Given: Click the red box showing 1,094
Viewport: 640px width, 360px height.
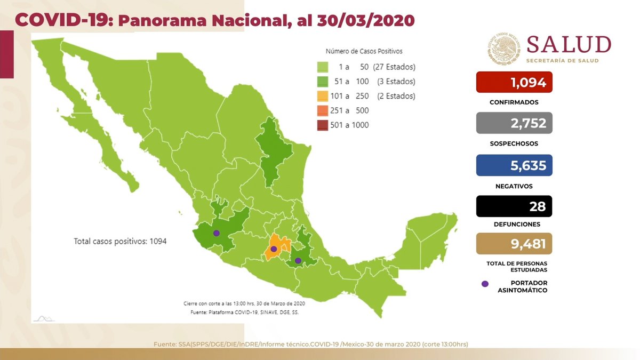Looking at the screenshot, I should [514, 82].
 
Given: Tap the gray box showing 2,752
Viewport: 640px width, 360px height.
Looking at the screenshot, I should [514, 123].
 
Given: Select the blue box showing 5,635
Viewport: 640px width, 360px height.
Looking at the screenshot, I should [514, 165].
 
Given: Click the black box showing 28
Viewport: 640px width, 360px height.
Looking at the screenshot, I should [514, 206].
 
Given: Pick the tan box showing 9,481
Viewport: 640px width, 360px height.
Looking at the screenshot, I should [514, 244].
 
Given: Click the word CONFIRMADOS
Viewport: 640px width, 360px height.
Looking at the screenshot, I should [514, 102].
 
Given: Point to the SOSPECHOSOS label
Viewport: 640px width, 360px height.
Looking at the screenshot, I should [514, 143].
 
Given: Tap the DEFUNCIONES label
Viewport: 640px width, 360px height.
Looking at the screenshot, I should [514, 225].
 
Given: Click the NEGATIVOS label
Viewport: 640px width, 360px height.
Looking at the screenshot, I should [514, 186].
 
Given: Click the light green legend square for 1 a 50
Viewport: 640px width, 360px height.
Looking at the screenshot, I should [322, 67].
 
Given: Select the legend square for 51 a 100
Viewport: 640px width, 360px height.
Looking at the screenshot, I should [322, 82].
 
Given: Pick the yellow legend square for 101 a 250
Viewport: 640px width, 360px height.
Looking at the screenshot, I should [322, 97].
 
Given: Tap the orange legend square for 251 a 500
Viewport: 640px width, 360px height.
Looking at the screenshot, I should [322, 111].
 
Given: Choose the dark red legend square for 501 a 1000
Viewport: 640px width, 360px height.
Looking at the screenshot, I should [322, 125].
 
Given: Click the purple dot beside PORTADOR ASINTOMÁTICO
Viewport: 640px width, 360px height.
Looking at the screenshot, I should [485, 284].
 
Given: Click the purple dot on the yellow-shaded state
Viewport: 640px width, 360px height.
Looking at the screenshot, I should [274, 249].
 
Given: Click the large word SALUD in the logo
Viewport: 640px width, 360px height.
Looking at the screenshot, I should [569, 45].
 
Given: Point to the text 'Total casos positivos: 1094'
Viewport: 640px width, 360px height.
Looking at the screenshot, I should [120, 241].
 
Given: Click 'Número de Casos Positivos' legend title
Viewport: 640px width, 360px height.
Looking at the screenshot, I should [364, 52].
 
